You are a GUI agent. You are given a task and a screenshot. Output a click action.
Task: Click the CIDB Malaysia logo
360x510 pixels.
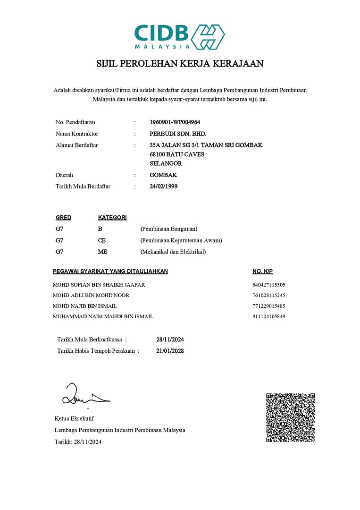click(x=180, y=37)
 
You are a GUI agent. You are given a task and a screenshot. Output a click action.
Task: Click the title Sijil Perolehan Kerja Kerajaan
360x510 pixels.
click(x=180, y=64)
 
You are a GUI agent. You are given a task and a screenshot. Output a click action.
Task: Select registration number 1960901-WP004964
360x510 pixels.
click(x=175, y=122)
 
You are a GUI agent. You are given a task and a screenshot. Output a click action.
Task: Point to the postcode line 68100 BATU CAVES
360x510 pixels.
click(x=177, y=154)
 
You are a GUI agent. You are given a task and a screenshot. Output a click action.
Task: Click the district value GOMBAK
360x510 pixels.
click(x=163, y=175)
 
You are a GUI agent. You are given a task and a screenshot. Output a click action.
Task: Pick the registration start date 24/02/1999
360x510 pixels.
click(x=163, y=187)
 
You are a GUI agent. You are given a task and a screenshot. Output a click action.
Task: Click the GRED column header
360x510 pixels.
click(x=63, y=218)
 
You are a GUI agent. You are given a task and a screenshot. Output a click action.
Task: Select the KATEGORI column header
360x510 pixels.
click(x=112, y=218)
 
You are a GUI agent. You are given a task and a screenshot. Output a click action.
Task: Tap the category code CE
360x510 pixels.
click(x=102, y=240)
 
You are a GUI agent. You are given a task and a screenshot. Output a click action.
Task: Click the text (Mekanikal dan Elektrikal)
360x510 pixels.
click(x=173, y=252)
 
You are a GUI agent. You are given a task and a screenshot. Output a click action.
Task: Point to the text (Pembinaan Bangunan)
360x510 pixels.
click(x=169, y=229)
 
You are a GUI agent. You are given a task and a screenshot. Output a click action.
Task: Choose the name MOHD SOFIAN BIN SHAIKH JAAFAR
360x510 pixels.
click(x=99, y=285)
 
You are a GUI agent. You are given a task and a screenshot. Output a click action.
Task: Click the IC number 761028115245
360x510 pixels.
click(x=269, y=295)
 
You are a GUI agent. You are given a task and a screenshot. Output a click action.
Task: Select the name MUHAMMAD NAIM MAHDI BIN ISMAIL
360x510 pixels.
click(x=103, y=316)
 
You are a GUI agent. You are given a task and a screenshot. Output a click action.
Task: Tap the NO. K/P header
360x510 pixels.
click(x=263, y=272)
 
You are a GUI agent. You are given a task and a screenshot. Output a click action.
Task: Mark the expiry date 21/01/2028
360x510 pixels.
click(x=170, y=351)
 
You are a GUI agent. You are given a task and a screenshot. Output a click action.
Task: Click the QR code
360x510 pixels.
click(x=290, y=417)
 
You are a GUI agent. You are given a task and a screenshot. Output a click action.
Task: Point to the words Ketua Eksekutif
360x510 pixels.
click(x=75, y=418)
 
